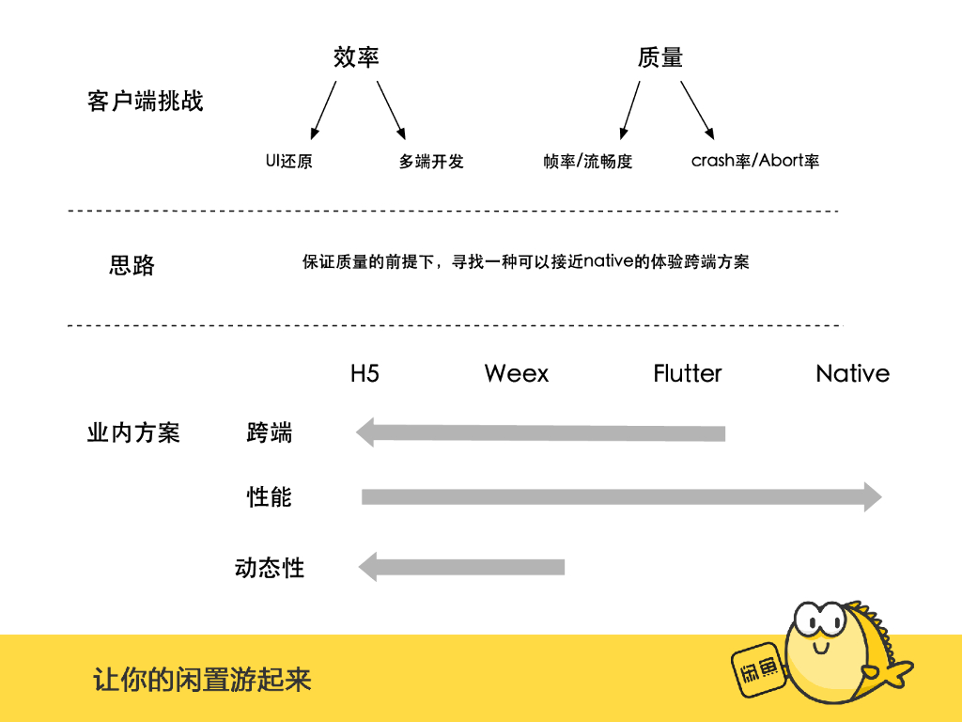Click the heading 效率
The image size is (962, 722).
[x=356, y=57]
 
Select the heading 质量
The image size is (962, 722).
[x=659, y=57]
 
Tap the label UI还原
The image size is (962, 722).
[x=288, y=161]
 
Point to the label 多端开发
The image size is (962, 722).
[x=431, y=162]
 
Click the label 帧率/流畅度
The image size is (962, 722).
[x=588, y=162]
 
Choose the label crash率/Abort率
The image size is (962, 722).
[x=755, y=161]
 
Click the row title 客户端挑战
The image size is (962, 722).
[x=145, y=102]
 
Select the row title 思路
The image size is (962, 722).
[x=132, y=266]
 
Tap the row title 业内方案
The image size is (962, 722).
[x=133, y=433]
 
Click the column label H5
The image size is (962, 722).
[x=365, y=373]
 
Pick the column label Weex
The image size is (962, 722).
[x=517, y=373]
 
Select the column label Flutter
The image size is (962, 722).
[x=688, y=373]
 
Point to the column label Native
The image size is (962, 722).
[x=852, y=373]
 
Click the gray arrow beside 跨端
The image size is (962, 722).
[x=540, y=433]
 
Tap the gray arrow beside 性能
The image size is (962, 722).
[x=621, y=496]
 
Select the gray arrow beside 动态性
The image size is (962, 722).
[x=460, y=567]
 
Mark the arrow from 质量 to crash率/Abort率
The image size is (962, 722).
[x=698, y=109]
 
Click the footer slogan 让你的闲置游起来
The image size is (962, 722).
[x=202, y=680]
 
